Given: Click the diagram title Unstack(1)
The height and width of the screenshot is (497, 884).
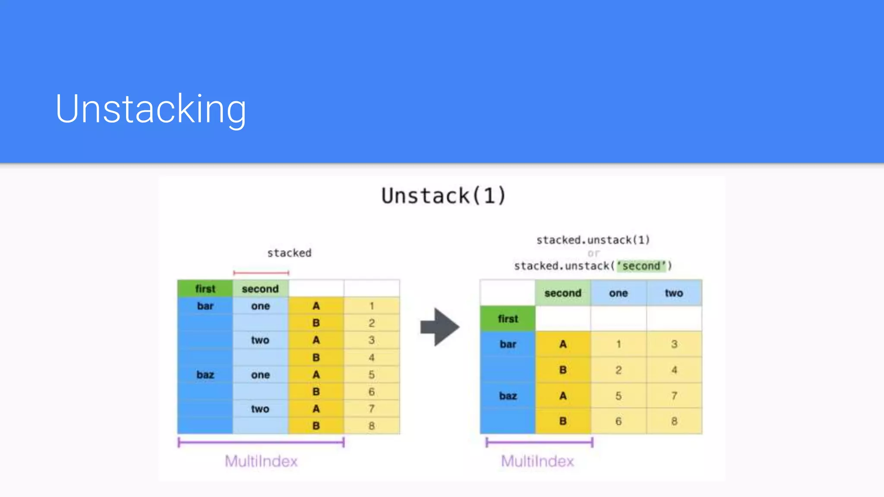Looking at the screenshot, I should click(x=443, y=196).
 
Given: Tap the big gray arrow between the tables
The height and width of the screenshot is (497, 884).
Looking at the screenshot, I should click(x=439, y=327).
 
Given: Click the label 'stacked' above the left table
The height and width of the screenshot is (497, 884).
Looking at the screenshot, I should click(x=289, y=253).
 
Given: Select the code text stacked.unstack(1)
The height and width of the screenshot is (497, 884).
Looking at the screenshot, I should click(x=593, y=240).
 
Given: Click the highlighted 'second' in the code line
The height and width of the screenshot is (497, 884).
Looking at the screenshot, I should click(x=641, y=266).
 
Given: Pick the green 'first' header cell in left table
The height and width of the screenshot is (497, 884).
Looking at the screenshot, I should click(x=205, y=289).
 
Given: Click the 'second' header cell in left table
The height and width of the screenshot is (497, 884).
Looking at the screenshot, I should click(x=260, y=289).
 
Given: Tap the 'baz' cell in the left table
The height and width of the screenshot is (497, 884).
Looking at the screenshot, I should click(x=205, y=374).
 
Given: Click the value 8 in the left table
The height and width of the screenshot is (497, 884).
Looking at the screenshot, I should click(x=372, y=426).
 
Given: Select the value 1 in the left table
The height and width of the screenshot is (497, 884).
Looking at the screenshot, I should click(x=372, y=306).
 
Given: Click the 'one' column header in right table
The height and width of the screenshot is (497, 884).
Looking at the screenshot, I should click(x=618, y=293).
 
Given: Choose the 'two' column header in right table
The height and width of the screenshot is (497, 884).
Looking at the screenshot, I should click(x=674, y=293).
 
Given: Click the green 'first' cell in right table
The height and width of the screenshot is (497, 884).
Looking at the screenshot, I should click(x=508, y=319).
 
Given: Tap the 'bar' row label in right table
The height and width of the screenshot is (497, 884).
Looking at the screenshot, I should click(x=508, y=344).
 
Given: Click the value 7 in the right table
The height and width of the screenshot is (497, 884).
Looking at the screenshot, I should click(x=674, y=396).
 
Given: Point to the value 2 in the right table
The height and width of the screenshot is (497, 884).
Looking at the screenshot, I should click(x=618, y=370).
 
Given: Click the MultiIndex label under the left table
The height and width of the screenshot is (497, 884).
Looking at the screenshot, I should click(x=261, y=461).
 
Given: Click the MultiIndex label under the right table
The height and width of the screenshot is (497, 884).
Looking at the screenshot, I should click(x=537, y=461).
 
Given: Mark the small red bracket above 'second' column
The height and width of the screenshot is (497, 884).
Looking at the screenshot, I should click(x=261, y=273).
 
